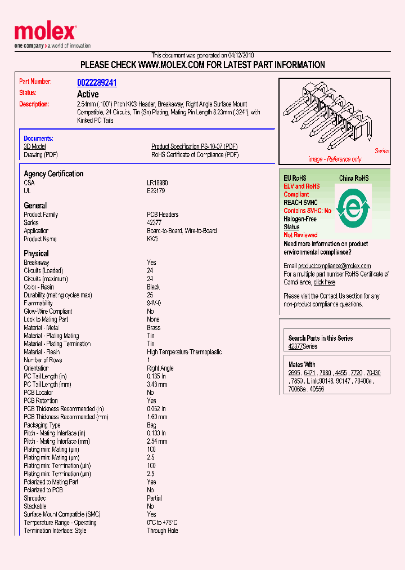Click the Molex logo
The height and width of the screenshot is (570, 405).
point(45,33)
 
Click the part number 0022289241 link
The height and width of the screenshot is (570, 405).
point(97,83)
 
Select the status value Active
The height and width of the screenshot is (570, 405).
point(87,94)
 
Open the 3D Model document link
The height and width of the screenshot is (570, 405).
point(34,146)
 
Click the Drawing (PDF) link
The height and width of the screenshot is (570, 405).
point(40,155)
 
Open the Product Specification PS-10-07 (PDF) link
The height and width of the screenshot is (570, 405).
point(195,146)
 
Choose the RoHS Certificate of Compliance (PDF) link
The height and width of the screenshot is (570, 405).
point(195,155)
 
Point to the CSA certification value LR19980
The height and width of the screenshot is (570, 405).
point(157,183)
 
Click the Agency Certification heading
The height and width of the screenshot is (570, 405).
point(53,174)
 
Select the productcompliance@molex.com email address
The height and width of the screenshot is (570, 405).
point(334,266)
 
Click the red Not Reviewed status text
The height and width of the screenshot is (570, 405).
point(300,235)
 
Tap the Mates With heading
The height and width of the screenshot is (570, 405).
point(302,364)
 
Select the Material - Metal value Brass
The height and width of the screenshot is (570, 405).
point(154,328)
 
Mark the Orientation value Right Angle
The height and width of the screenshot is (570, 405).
point(160,368)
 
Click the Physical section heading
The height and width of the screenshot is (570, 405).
point(36,253)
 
